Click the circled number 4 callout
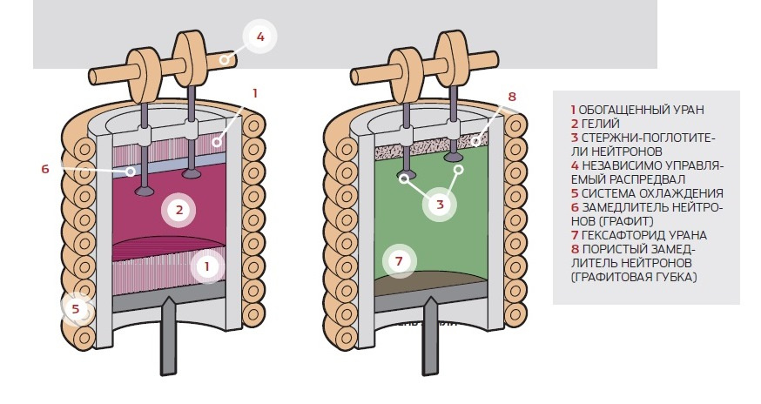click(x=259, y=37)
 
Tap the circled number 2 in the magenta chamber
click(x=178, y=209)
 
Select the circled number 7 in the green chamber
click(x=399, y=260)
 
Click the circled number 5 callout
click(x=76, y=307)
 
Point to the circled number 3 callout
click(x=441, y=205)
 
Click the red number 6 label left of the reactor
click(x=45, y=169)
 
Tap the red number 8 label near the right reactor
click(x=512, y=97)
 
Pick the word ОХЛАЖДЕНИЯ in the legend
click(x=683, y=193)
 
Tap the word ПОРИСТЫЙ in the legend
click(x=614, y=249)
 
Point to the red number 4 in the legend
click(x=574, y=165)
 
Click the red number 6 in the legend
click(x=574, y=207)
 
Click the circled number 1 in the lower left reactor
click(x=206, y=266)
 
